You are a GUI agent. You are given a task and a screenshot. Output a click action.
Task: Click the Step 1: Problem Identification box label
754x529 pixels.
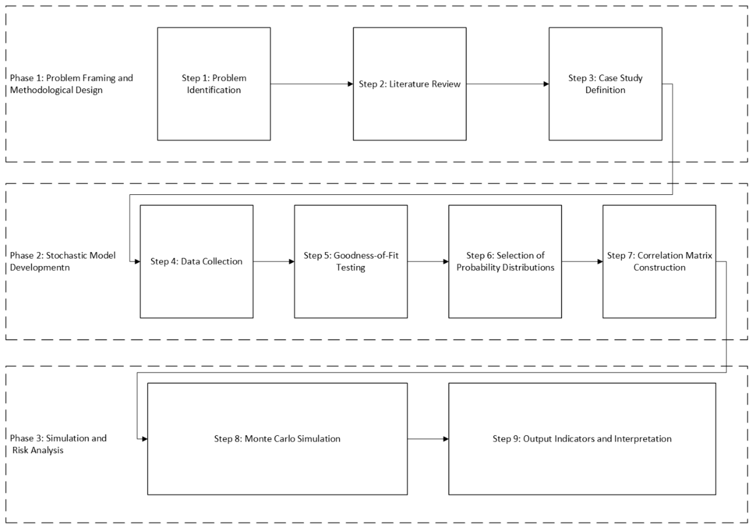coord(214,84)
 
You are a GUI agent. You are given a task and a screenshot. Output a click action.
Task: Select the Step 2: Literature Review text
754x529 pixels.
coord(410,84)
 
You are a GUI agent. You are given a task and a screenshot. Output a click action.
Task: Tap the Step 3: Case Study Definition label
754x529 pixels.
coord(605,84)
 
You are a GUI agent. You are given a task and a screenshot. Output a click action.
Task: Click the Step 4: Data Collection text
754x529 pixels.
coord(196,261)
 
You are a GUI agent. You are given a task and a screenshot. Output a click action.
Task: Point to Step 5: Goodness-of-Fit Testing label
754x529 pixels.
coord(351,261)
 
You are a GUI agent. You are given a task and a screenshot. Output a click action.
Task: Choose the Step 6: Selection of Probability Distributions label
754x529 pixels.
coord(505,261)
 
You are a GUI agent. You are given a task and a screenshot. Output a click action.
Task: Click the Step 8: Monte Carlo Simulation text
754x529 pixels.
coord(277,439)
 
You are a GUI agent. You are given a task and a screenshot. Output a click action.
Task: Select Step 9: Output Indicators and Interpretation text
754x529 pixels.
coord(582,439)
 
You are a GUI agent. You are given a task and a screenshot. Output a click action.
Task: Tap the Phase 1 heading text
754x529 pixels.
coord(71,84)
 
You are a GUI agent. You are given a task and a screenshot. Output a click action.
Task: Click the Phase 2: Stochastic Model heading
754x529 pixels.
coord(63,255)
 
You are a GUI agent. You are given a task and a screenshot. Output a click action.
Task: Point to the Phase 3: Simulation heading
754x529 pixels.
coord(58,438)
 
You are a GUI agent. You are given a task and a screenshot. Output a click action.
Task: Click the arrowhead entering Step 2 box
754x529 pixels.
coord(350,84)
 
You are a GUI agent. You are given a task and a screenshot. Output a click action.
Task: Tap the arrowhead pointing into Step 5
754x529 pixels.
coord(291,262)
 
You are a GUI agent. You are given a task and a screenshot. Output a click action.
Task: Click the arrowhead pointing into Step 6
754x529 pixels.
coord(446,262)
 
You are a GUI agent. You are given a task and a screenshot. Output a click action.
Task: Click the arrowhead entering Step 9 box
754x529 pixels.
coord(446,439)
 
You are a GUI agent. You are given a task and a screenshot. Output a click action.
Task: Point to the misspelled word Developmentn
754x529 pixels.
coord(40,268)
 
